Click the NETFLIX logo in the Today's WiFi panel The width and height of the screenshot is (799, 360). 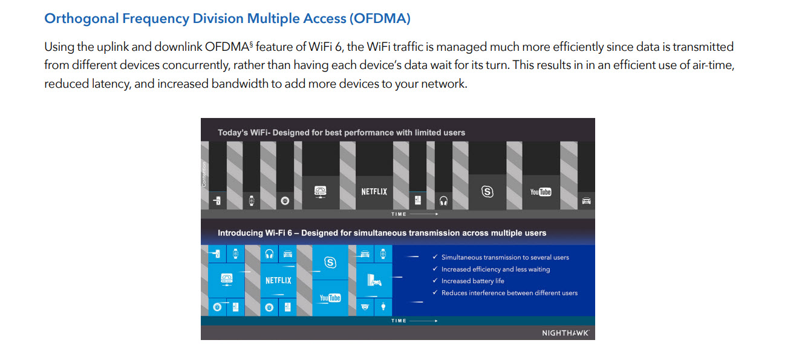374,192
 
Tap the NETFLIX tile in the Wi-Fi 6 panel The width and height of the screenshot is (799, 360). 278,280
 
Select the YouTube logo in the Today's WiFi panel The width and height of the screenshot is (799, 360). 540,192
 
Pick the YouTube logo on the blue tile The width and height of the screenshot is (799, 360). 330,298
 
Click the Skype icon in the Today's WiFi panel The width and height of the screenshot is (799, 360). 488,192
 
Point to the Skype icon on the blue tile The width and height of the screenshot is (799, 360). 330,263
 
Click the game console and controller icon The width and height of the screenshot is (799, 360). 374,280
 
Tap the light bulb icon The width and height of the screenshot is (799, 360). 383,307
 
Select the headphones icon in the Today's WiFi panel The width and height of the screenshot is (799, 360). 443,201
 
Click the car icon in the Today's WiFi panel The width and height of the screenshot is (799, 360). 587,200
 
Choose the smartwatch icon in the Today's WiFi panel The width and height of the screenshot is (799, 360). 252,201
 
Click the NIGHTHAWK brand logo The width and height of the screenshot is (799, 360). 566,333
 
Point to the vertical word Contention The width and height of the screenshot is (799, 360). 204,174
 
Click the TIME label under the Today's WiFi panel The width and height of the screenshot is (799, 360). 399,214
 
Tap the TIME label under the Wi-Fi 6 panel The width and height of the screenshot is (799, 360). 399,321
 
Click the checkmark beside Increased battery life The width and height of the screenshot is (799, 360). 435,280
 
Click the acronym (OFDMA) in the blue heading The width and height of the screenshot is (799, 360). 380,19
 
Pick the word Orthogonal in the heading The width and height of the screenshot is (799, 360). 81,19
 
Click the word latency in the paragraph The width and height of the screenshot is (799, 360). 112,84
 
